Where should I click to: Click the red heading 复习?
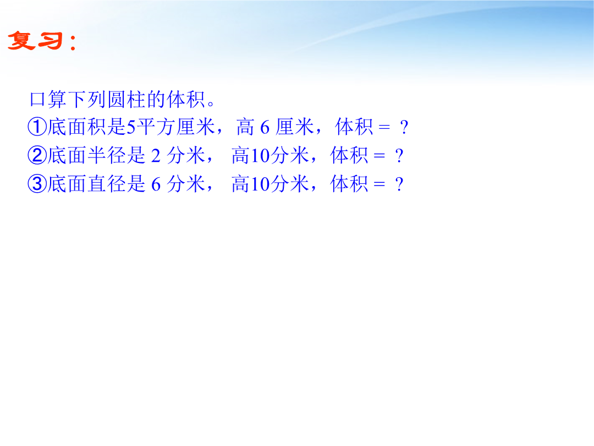(x=35, y=41)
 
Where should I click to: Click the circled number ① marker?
(x=37, y=127)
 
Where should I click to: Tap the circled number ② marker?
(x=37, y=155)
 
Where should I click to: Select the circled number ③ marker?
(x=37, y=184)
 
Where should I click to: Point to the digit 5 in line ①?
(x=131, y=127)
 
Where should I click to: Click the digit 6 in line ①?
(x=265, y=127)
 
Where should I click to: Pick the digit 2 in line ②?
(x=156, y=156)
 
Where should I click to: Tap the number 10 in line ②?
(x=260, y=156)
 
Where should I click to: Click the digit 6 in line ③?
(x=156, y=184)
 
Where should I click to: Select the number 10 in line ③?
(x=260, y=184)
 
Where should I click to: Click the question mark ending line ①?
(x=404, y=127)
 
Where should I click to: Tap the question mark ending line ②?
(x=399, y=156)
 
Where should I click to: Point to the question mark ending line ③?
(x=399, y=184)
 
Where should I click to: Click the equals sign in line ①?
(x=384, y=127)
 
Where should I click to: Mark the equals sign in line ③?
(x=379, y=184)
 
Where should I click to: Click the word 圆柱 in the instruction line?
(x=127, y=100)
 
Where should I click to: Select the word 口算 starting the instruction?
(x=48, y=100)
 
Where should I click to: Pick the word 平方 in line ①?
(x=155, y=127)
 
